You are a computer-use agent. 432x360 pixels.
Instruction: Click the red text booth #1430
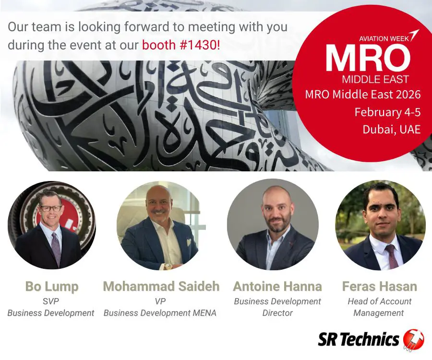coord(181,45)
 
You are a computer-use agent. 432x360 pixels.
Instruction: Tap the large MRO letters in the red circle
coord(368,59)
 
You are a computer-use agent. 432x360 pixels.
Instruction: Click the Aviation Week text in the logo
coord(384,38)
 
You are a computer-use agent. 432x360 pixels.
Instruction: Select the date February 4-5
coord(387,112)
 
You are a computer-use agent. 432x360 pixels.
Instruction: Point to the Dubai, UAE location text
coord(392,130)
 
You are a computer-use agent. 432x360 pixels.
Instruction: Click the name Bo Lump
coord(52,287)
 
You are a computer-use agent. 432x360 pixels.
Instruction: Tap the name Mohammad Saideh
coord(161,287)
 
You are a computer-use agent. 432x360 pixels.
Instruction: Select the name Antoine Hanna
coord(277,287)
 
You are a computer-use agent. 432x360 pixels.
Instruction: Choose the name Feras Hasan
coord(380,287)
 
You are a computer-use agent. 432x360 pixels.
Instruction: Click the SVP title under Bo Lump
coord(51,301)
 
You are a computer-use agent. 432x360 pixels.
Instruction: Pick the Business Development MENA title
coord(160,313)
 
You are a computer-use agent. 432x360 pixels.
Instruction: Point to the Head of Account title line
coord(379,301)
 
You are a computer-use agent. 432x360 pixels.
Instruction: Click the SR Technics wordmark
coord(359,339)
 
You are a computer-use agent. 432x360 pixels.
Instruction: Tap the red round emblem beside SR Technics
coord(414,339)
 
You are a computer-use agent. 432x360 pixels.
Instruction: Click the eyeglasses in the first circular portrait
coord(51,208)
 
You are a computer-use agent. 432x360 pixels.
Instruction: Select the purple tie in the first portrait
coord(56,248)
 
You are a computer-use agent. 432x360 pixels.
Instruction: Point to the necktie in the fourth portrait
coord(392,256)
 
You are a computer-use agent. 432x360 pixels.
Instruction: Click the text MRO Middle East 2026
coord(363,95)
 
